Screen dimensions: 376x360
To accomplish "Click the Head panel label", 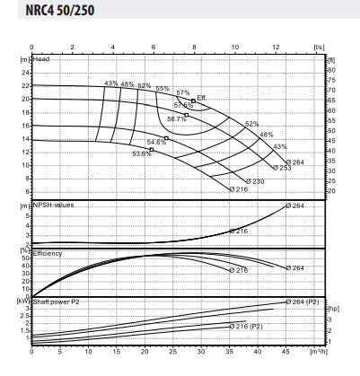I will (43, 58).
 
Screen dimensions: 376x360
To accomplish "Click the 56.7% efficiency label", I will (177, 119).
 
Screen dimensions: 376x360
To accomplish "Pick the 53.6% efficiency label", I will (142, 153).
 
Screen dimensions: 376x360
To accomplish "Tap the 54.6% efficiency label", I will (158, 142).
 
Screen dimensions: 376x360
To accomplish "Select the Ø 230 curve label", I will (254, 181).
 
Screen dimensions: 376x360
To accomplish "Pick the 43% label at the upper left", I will (111, 83).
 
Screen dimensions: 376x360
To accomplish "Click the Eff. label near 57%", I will (202, 97).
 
